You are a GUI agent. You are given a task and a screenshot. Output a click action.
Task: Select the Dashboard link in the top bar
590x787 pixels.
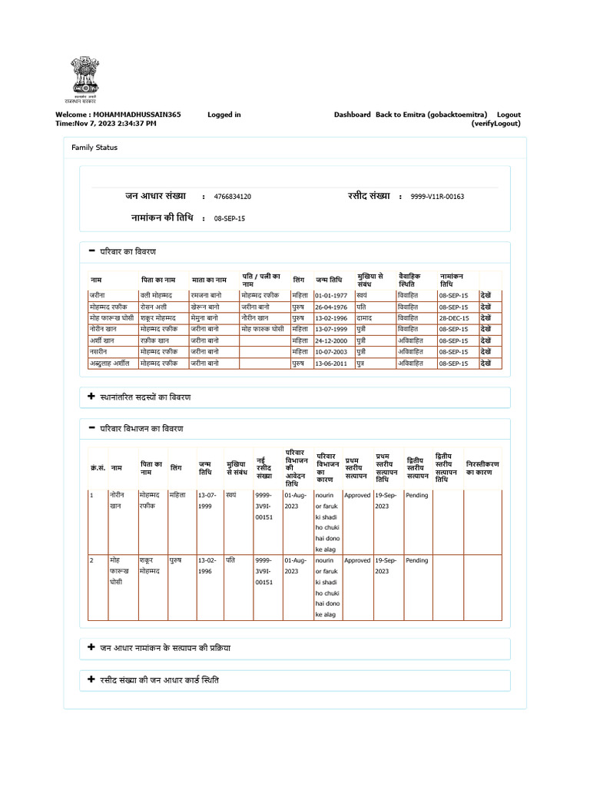click(352, 115)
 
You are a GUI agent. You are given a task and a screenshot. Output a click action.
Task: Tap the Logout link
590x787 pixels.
click(508, 115)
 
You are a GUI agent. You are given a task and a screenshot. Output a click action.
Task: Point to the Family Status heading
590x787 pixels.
click(94, 147)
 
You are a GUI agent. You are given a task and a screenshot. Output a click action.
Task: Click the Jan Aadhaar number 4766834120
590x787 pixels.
click(232, 197)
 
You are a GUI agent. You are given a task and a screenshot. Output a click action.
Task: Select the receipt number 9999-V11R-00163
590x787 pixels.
click(437, 197)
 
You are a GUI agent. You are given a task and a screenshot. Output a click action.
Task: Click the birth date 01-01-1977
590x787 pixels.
click(331, 295)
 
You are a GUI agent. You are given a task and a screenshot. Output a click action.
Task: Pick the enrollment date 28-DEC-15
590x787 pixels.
click(453, 317)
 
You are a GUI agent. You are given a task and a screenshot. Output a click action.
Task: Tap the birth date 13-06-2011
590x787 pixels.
click(331, 363)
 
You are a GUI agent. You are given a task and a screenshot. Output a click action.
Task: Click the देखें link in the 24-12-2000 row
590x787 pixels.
click(486, 340)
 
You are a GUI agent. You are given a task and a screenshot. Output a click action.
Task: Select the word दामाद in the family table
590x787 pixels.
click(366, 317)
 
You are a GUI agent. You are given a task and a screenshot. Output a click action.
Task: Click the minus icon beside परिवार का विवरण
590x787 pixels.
click(92, 251)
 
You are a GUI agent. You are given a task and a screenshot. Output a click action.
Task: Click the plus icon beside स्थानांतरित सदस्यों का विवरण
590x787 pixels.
click(92, 397)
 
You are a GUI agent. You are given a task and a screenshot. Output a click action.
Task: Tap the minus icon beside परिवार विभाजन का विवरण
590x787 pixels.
click(92, 427)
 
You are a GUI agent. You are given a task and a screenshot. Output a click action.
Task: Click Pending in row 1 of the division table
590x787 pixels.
click(416, 496)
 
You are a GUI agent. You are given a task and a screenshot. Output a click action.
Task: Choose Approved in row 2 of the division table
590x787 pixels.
click(356, 560)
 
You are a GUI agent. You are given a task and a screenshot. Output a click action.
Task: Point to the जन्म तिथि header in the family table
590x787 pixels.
click(329, 281)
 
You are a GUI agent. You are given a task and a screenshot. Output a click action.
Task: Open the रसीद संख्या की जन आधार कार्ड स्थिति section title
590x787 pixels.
click(159, 680)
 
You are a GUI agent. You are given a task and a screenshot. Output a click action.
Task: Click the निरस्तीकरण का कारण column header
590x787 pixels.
click(482, 468)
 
